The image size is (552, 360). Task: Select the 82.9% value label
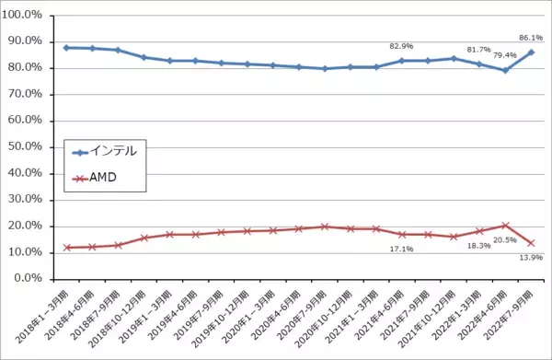tap(401, 46)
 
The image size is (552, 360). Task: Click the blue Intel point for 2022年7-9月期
tap(531, 52)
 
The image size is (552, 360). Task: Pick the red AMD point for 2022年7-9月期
tap(531, 242)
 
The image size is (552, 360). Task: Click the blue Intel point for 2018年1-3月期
tap(66, 47)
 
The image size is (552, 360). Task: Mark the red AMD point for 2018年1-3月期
tap(66, 248)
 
